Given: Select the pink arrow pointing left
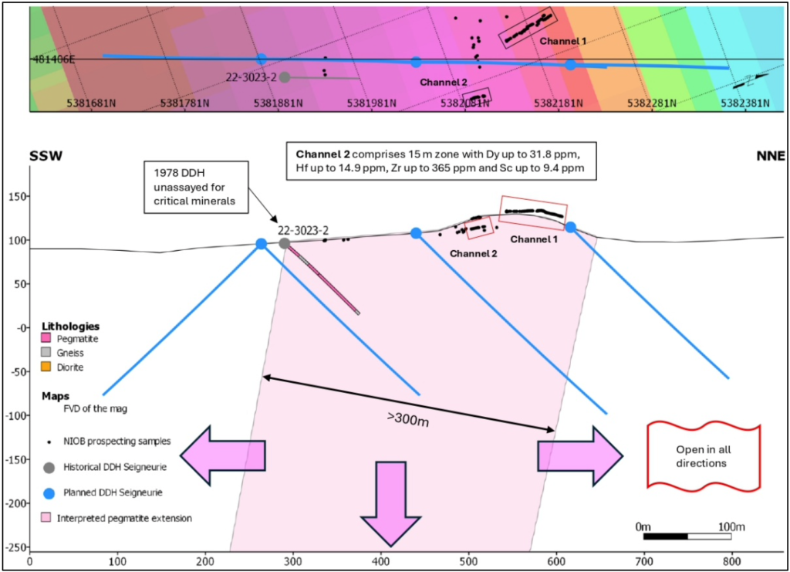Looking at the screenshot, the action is coord(223,455).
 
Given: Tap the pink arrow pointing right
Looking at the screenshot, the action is coord(580,456).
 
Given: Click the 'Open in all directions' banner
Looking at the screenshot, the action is coord(704,455).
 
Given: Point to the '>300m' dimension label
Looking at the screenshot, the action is coord(408,419).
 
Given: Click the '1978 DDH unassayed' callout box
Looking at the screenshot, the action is coord(196,187).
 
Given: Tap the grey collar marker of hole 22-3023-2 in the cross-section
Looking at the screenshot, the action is coord(285,243).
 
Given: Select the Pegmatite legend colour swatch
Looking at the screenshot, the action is coord(46,337).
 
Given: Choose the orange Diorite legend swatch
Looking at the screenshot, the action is coord(46,367).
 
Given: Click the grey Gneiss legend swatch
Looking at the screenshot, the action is coord(46,352).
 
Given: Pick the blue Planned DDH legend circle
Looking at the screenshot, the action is coord(49,493).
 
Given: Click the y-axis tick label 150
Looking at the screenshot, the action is coord(18,196).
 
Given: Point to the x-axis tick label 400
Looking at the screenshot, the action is coord(381,561).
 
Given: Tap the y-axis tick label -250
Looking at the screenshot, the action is coord(15,547).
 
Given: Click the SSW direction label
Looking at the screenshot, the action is coord(46,156).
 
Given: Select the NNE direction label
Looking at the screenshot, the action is coord(771,156).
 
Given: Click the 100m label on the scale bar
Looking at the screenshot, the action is coord(731,526).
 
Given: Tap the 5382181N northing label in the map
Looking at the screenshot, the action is coord(559,103).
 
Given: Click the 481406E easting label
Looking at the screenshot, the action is coord(53,59).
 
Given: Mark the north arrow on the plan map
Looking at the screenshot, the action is coord(751,80).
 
